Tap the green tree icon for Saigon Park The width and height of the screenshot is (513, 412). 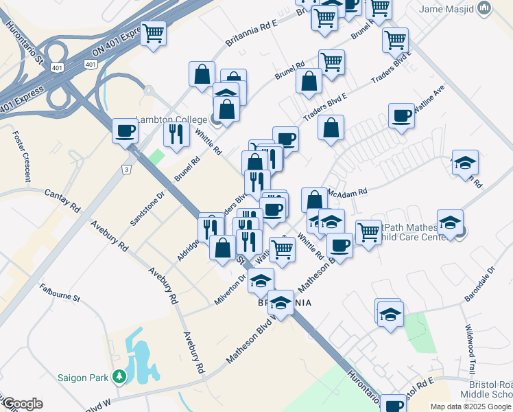pyautogui.click(x=119, y=376)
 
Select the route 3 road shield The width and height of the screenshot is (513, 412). pyautogui.click(x=126, y=168)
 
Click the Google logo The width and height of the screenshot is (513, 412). pyautogui.click(x=22, y=404)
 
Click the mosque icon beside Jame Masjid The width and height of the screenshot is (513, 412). pyautogui.click(x=485, y=8)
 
